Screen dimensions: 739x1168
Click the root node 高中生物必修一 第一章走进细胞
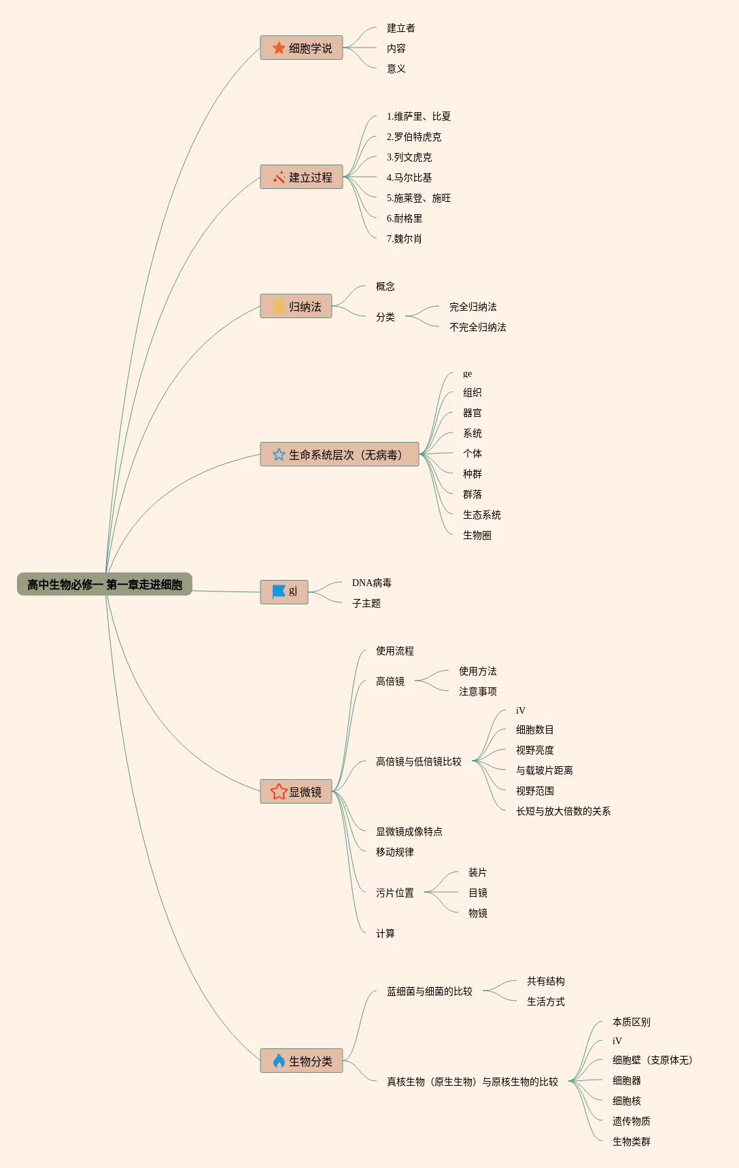pyautogui.click(x=105, y=585)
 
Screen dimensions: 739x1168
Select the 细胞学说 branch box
pyautogui.click(x=301, y=48)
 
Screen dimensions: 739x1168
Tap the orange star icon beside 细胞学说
pyautogui.click(x=279, y=48)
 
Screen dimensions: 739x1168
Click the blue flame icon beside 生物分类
pyautogui.click(x=279, y=1061)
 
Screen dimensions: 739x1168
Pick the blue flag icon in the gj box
pyautogui.click(x=279, y=591)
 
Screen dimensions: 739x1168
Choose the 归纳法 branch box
pyautogui.click(x=296, y=307)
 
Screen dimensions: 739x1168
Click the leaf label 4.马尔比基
pyautogui.click(x=409, y=177)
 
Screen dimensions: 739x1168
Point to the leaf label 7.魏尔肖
pyautogui.click(x=405, y=239)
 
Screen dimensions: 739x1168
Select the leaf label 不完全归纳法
pyautogui.click(x=477, y=327)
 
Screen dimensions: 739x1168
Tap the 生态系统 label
pyautogui.click(x=481, y=515)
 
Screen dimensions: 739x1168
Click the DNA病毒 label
pyautogui.click(x=371, y=583)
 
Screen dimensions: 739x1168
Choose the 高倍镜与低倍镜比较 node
pyautogui.click(x=418, y=761)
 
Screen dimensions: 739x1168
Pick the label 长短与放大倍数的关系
pyautogui.click(x=563, y=811)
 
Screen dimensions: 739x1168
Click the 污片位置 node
pyautogui.click(x=394, y=893)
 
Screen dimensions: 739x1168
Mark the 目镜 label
pyautogui.click(x=477, y=893)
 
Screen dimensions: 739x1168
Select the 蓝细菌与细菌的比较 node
pyautogui.click(x=429, y=991)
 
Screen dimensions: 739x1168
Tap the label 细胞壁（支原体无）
pyautogui.click(x=652, y=1060)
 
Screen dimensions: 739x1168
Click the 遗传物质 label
pyautogui.click(x=631, y=1121)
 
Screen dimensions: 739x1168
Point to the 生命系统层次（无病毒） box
pyautogui.click(x=339, y=455)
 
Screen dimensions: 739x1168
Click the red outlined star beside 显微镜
pyautogui.click(x=279, y=791)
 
